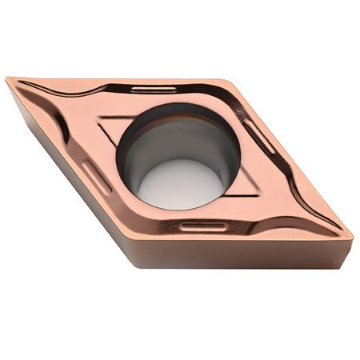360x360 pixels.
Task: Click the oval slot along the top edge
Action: (x=152, y=89)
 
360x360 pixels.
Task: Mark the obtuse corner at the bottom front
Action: (x=148, y=240)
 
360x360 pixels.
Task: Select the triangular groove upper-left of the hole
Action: (x=112, y=128)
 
